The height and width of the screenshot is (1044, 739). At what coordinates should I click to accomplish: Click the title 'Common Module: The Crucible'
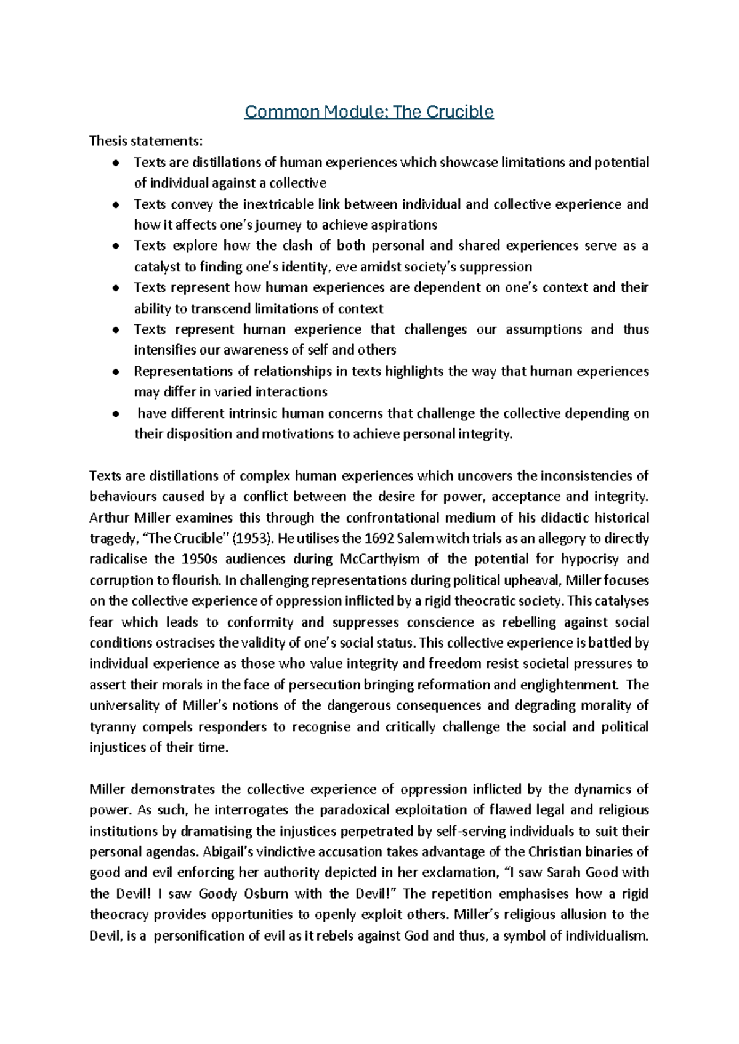click(x=369, y=112)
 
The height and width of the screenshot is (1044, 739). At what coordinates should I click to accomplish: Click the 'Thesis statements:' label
click(x=145, y=141)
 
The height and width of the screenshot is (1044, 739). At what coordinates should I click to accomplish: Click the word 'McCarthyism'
click(x=379, y=560)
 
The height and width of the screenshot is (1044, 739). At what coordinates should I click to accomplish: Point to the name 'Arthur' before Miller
click(x=109, y=518)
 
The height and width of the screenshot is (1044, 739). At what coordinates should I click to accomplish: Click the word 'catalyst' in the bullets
click(x=157, y=267)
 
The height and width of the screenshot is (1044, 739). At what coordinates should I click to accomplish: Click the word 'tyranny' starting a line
click(x=112, y=727)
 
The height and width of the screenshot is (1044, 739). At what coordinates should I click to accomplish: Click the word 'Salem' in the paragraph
click(x=415, y=539)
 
